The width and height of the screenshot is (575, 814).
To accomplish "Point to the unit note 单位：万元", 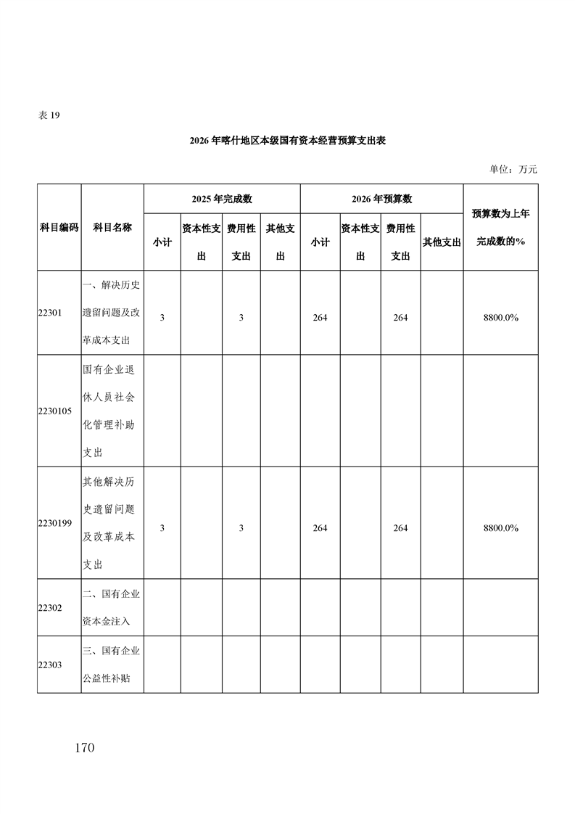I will (513, 169).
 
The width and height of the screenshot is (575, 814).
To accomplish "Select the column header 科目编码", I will (59, 227).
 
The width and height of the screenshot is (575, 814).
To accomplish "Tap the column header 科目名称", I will (112, 227).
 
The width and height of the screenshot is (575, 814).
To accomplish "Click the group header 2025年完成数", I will (222, 199).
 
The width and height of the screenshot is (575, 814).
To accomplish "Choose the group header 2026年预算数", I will (381, 199).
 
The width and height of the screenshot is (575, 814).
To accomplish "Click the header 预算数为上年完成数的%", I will (500, 227).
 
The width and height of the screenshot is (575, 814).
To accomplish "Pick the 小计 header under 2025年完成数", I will (162, 242).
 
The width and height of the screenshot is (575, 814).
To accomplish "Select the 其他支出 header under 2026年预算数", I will (442, 242).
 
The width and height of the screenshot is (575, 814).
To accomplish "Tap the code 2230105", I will (54, 411).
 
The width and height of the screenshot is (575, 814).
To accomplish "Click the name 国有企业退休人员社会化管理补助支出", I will (112, 411).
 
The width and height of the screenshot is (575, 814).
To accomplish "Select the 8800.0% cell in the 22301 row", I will (500, 318).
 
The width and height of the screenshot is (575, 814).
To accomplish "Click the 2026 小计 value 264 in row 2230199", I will (320, 528).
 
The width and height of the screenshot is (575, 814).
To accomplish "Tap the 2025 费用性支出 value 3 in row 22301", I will (241, 318).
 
